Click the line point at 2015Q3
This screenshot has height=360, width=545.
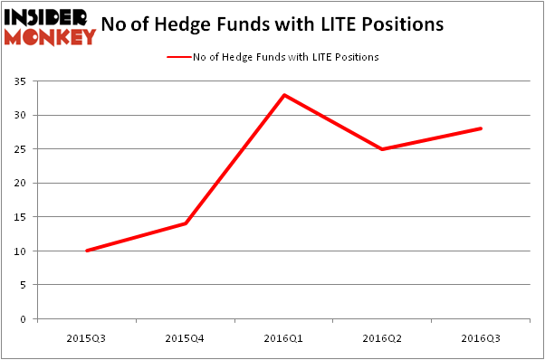[x=87, y=251]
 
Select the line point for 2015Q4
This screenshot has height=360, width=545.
[x=186, y=223]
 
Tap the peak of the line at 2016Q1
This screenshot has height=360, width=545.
[x=284, y=95]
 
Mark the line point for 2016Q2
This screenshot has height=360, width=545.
[x=383, y=149]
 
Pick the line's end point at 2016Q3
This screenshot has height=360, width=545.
[x=482, y=128]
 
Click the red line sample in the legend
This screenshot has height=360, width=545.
[x=177, y=57]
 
